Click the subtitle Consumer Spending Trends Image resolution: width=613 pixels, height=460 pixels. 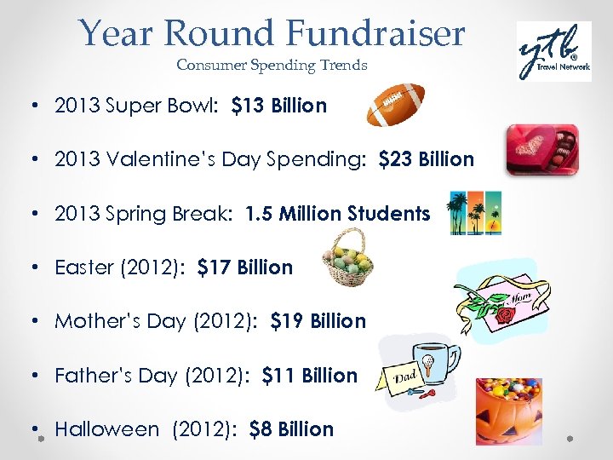(x=272, y=65)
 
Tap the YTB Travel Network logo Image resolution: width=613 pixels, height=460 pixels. (x=553, y=51)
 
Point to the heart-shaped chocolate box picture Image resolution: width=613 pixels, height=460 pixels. (x=541, y=149)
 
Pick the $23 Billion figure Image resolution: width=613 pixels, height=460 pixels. (x=426, y=159)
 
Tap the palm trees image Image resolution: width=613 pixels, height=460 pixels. (x=474, y=212)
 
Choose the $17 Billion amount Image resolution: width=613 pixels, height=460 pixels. (x=244, y=267)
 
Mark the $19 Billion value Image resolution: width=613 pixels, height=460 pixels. (x=318, y=321)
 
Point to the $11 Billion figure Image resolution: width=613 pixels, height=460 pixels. (x=310, y=376)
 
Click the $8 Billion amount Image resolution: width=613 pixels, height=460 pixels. (x=291, y=429)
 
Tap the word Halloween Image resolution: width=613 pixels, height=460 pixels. (x=106, y=429)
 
